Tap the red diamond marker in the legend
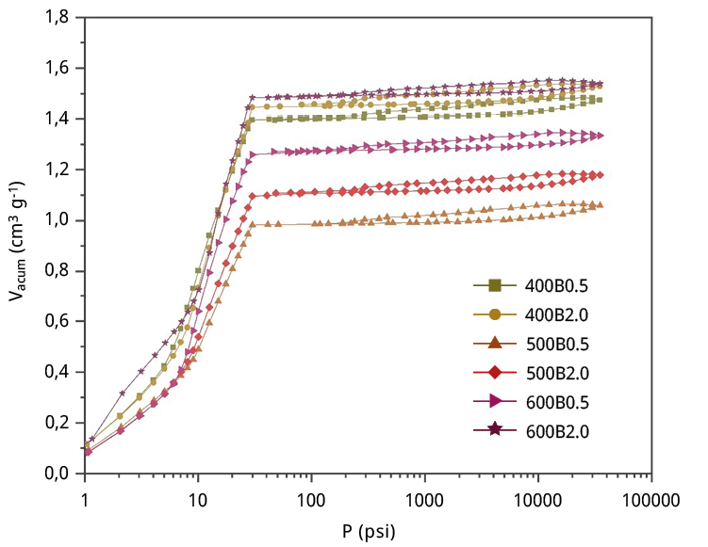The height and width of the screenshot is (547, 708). pos(495,372)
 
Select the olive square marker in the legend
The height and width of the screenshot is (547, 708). pos(495,284)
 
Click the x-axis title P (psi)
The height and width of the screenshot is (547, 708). pos(369,530)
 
